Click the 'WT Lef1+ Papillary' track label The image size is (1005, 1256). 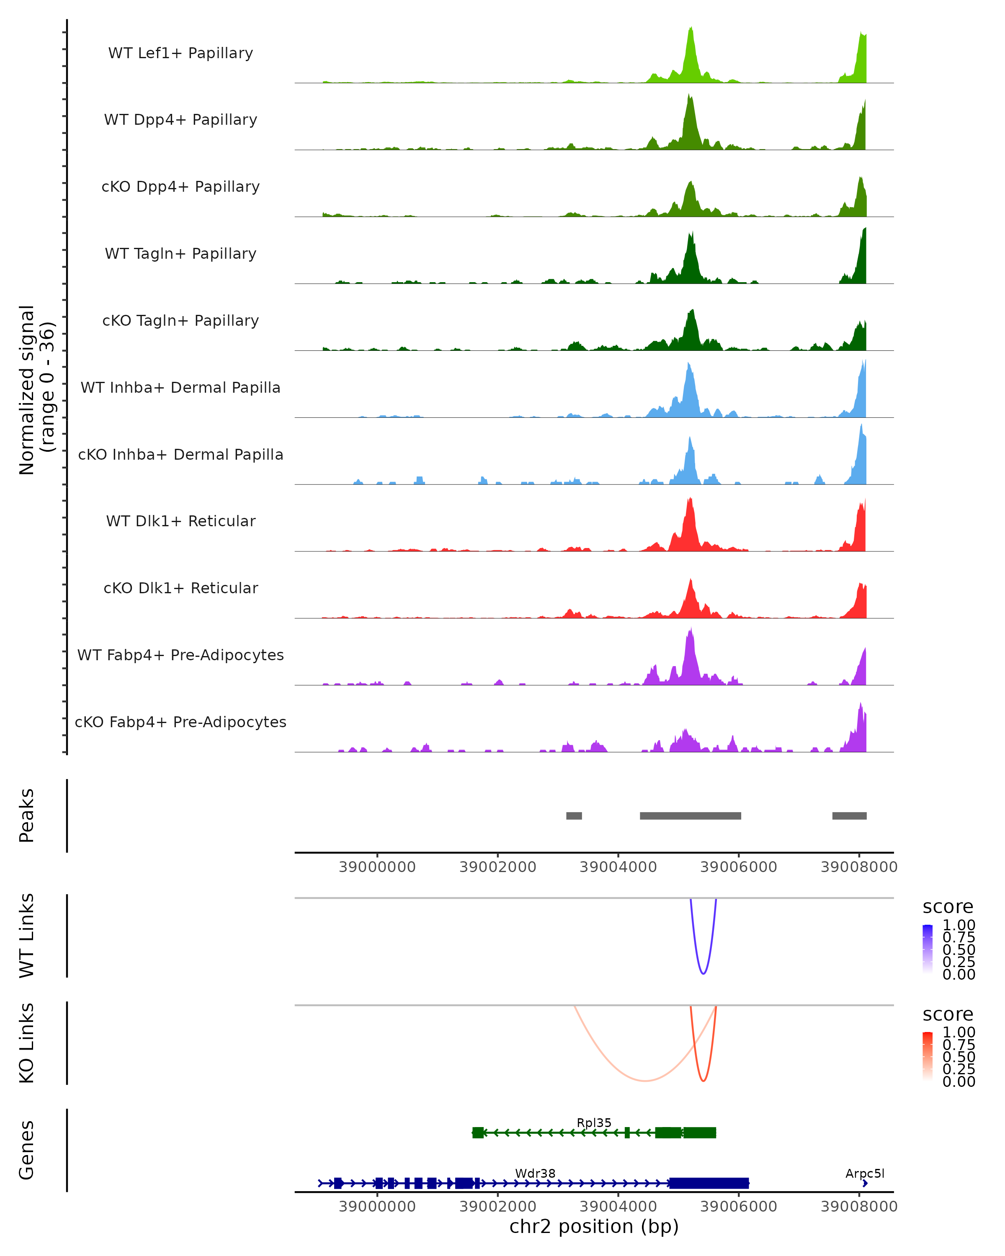tap(180, 53)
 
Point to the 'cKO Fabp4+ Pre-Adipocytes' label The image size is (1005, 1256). tap(180, 722)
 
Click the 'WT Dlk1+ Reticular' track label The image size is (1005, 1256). tap(180, 521)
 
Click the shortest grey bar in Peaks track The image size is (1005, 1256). tap(574, 816)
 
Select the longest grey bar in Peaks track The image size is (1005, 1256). tap(691, 816)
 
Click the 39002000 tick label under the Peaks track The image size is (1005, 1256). tap(497, 867)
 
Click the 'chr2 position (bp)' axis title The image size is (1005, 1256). tap(594, 1226)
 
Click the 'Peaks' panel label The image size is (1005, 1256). tap(27, 815)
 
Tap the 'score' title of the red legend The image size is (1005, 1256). tap(947, 1014)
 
